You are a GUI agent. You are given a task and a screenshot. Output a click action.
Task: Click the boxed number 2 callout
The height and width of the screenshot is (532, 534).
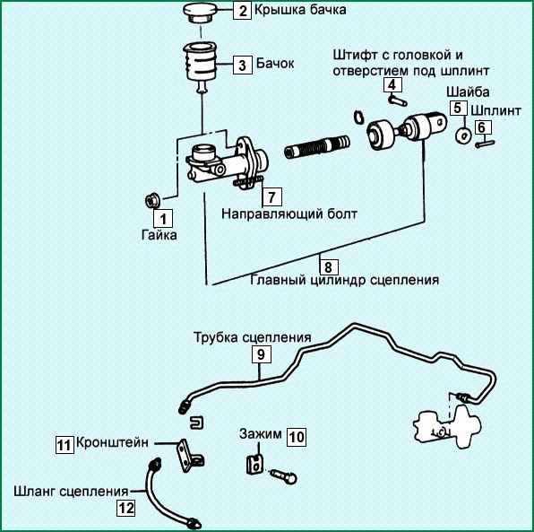click(x=243, y=10)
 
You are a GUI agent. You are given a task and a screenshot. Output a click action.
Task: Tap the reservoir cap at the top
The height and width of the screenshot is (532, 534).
click(x=200, y=13)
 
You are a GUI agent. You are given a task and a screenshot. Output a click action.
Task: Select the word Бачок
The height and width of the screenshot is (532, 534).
click(x=275, y=64)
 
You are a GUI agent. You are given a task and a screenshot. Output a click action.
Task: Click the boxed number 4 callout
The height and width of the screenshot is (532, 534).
click(x=392, y=85)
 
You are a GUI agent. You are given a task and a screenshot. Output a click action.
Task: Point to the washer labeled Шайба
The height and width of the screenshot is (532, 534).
click(x=463, y=135)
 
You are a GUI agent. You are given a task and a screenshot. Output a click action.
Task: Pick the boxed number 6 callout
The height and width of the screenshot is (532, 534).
click(x=481, y=127)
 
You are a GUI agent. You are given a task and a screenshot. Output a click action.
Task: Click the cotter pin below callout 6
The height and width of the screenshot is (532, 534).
click(x=485, y=144)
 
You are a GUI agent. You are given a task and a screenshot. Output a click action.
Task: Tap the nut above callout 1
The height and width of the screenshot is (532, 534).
click(x=152, y=200)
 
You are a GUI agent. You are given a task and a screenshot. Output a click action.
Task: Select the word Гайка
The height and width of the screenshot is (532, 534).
click(x=159, y=235)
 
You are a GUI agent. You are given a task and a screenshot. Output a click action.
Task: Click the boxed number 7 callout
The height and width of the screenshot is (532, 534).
click(x=271, y=196)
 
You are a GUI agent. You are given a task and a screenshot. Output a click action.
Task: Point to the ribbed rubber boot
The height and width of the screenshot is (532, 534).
click(x=317, y=146)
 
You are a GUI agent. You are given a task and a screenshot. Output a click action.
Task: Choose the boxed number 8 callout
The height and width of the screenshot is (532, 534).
click(x=328, y=266)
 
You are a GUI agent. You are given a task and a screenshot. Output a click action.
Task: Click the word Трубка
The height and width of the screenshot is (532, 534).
click(x=216, y=337)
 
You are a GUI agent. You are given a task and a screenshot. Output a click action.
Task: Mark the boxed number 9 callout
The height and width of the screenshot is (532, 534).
click(x=262, y=354)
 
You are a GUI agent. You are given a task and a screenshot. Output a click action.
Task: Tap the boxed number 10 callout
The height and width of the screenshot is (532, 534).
click(x=297, y=437)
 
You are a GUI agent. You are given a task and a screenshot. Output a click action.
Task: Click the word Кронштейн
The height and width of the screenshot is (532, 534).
click(x=112, y=442)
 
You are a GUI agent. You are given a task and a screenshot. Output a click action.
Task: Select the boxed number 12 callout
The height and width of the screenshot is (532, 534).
click(x=126, y=508)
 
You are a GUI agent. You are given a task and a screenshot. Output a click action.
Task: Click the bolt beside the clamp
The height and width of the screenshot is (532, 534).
click(x=284, y=476)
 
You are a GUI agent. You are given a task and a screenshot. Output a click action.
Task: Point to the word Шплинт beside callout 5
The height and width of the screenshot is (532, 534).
click(x=495, y=111)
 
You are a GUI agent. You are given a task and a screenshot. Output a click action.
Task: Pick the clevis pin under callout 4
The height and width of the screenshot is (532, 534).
click(x=398, y=100)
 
